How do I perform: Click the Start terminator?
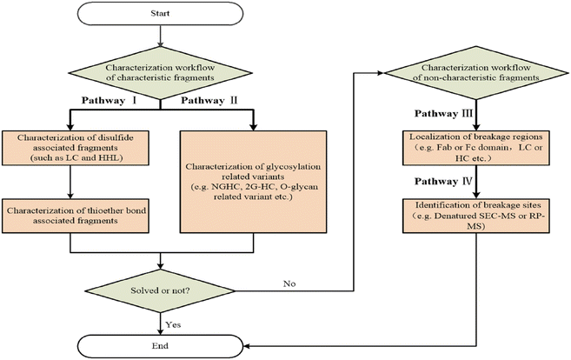(160, 14)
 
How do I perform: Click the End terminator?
(160, 346)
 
